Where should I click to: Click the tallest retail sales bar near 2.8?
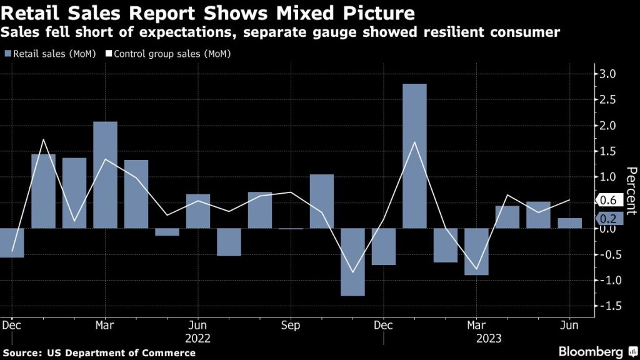click(414, 156)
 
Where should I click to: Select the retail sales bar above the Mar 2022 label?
click(105, 174)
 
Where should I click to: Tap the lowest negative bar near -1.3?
click(352, 262)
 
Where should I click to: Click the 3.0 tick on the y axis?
click(608, 74)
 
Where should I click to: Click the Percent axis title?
click(631, 191)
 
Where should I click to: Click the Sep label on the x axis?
click(290, 325)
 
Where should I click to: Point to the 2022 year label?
click(197, 338)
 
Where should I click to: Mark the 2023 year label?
click(477, 338)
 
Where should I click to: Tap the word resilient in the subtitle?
click(460, 31)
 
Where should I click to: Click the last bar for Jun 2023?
click(569, 223)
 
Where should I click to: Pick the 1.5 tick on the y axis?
click(608, 151)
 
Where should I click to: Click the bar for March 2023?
click(476, 251)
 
